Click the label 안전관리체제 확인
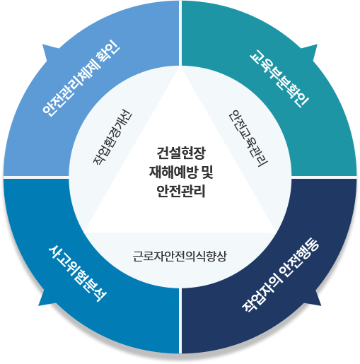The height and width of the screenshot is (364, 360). pos(81,78)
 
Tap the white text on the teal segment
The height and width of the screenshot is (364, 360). pos(279,78)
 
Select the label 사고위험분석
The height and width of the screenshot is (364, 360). pos(78,274)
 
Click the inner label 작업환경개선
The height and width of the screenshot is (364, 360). pos(112,137)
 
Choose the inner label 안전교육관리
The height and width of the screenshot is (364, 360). pos(248,139)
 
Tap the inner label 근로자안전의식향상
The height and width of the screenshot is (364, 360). pos(180,257)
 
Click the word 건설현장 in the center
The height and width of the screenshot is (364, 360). pos(181,153)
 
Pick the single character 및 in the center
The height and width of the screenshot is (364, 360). pos(207,172)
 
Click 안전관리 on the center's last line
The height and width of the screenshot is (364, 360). pos(181,191)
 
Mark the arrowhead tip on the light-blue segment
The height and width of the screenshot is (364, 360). pos(42,45)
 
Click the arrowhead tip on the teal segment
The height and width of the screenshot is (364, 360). pos(318,45)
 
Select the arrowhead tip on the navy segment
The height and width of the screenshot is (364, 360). pos(321,306)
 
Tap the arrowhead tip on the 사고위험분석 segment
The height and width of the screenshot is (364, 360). pos(38,306)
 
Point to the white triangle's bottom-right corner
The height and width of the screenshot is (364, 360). pos(277,233)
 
